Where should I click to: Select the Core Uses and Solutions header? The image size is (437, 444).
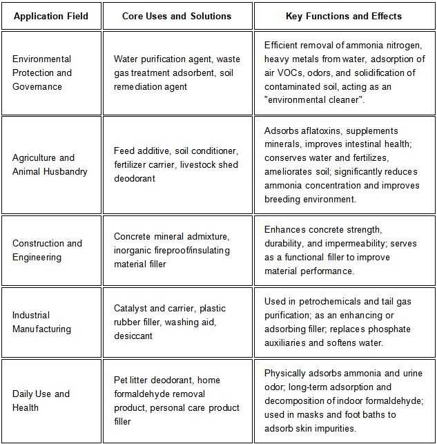click(177, 16)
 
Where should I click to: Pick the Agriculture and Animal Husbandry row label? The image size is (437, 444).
click(50, 164)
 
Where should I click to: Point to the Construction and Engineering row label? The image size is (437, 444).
click(47, 250)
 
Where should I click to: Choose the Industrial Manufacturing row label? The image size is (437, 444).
click(41, 322)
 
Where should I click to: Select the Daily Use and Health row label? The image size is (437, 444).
click(41, 400)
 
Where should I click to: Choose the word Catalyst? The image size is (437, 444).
click(132, 308)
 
